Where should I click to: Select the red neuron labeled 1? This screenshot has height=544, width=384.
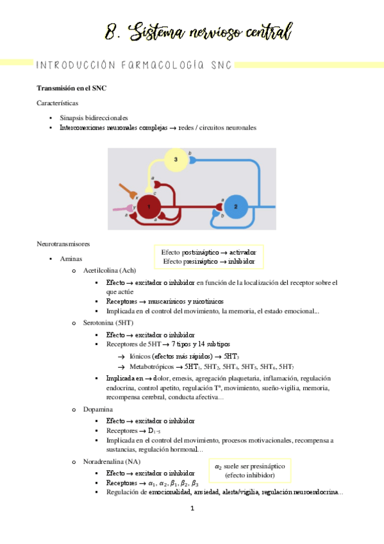[149, 207]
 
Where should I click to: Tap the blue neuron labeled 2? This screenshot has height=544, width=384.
[235, 207]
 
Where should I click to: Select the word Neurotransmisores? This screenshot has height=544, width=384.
[63, 244]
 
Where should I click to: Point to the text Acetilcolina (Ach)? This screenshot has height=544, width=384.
[108, 271]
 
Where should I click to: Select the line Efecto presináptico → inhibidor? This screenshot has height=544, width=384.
[209, 262]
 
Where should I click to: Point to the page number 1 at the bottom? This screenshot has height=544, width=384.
[192, 509]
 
